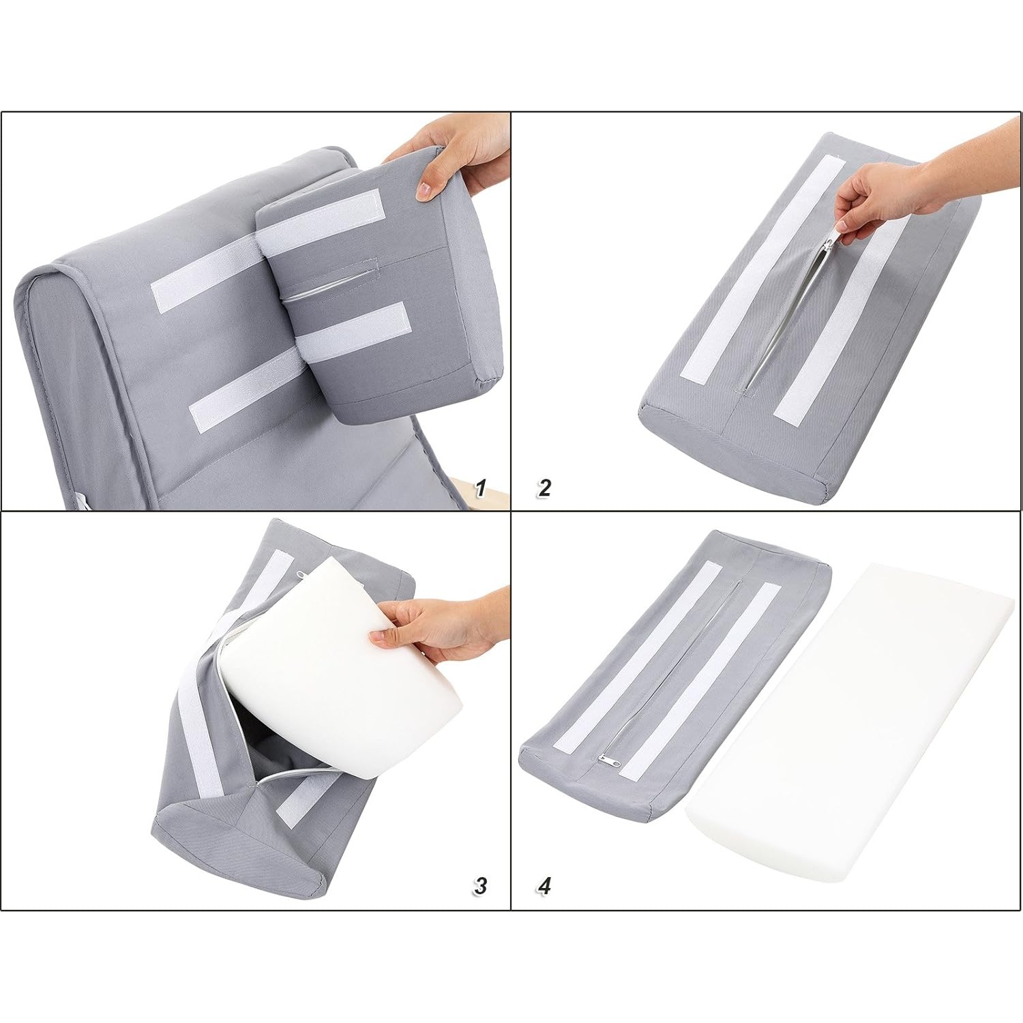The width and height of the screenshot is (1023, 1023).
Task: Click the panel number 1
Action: click(480, 488)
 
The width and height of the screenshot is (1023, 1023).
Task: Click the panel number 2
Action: click(544, 488)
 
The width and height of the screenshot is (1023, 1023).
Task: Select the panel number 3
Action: click(480, 886)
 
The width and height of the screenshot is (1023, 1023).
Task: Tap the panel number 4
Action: click(544, 886)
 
